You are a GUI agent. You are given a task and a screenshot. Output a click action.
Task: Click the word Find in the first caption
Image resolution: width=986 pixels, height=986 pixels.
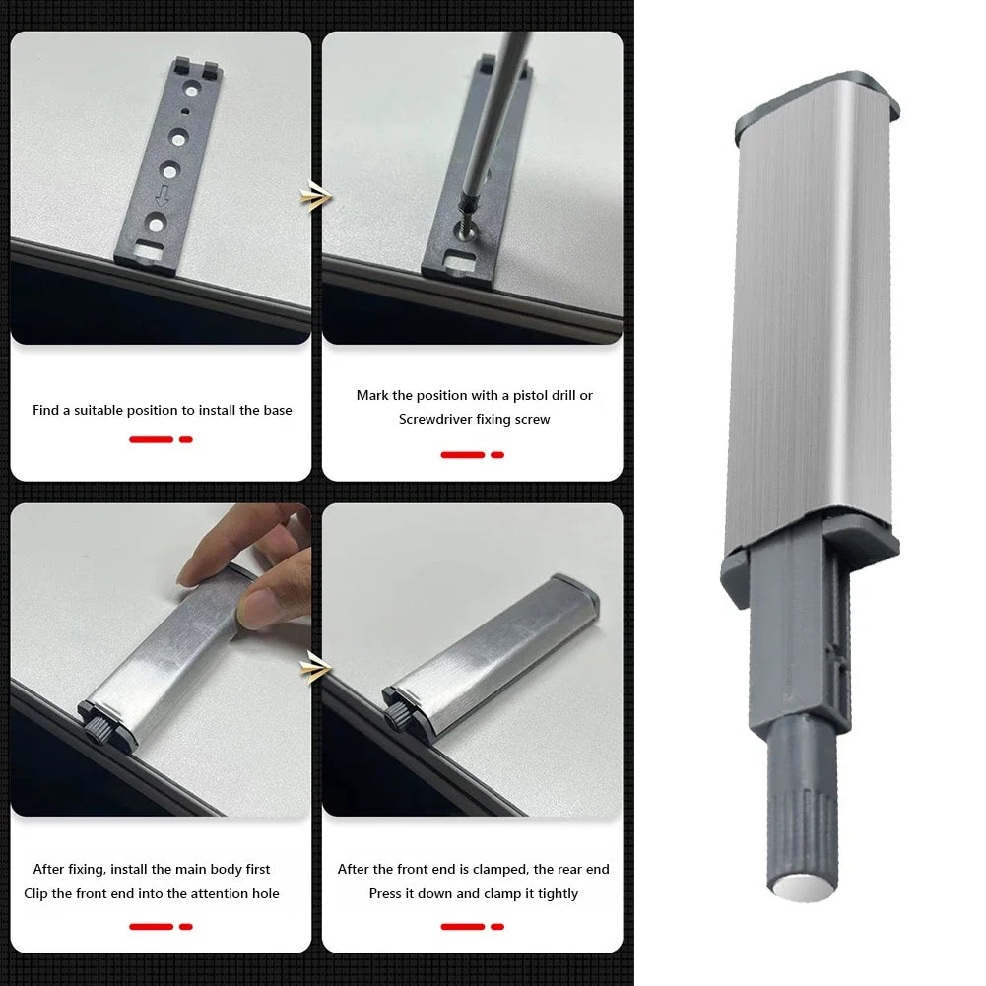tap(46, 410)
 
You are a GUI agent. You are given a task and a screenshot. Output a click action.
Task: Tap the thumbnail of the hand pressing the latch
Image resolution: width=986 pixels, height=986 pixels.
tap(161, 659)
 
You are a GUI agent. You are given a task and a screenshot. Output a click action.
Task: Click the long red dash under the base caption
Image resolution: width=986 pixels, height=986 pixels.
tap(151, 439)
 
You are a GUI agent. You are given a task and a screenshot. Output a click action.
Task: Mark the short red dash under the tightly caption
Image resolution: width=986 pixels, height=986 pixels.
tap(497, 926)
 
